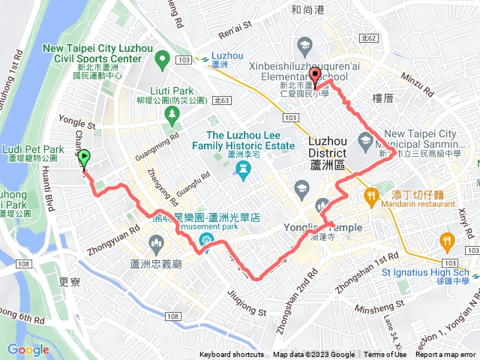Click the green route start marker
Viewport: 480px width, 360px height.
pyautogui.click(x=84, y=158)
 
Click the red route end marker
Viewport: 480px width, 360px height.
pyautogui.click(x=316, y=73)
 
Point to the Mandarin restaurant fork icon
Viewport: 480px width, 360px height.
pyautogui.click(x=371, y=196)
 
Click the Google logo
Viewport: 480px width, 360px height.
pyautogui.click(x=28, y=349)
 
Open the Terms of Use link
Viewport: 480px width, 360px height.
pyautogui.click(x=385, y=355)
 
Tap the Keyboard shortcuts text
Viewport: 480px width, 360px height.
pyautogui.click(x=232, y=355)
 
